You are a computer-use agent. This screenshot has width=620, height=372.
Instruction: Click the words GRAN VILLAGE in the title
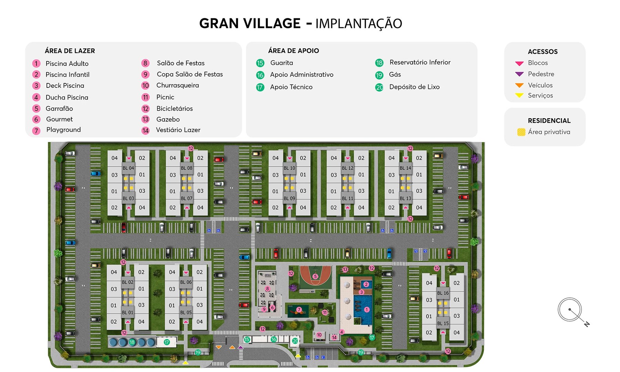250,23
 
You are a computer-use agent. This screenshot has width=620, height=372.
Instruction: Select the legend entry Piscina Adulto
67,64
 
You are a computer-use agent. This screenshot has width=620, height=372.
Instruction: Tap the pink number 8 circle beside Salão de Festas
145,63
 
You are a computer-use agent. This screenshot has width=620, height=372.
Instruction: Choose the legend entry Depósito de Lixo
414,87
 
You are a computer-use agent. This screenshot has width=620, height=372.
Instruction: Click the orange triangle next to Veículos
519,85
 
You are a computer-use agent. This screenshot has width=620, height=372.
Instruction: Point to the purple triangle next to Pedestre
519,74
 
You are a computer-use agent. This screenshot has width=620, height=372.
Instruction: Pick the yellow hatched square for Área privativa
521,132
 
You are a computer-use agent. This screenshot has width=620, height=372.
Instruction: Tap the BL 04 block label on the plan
128,168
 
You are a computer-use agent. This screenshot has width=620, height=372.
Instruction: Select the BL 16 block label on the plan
443,293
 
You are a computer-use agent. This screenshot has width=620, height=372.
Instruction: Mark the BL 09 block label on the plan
289,198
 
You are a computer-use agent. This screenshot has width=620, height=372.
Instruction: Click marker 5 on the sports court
315,277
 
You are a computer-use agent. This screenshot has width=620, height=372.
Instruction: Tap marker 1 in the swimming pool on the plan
367,310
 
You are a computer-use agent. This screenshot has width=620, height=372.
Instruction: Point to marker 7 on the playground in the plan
299,310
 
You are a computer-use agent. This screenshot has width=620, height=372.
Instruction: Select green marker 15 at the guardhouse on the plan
247,340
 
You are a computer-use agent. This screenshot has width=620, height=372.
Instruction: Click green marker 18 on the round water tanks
132,342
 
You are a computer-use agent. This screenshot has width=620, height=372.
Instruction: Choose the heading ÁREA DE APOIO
293,51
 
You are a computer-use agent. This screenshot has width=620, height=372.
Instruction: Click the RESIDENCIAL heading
549,121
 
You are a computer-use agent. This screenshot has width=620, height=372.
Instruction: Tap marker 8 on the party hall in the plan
267,289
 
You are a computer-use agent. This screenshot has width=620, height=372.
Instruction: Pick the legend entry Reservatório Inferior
420,62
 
